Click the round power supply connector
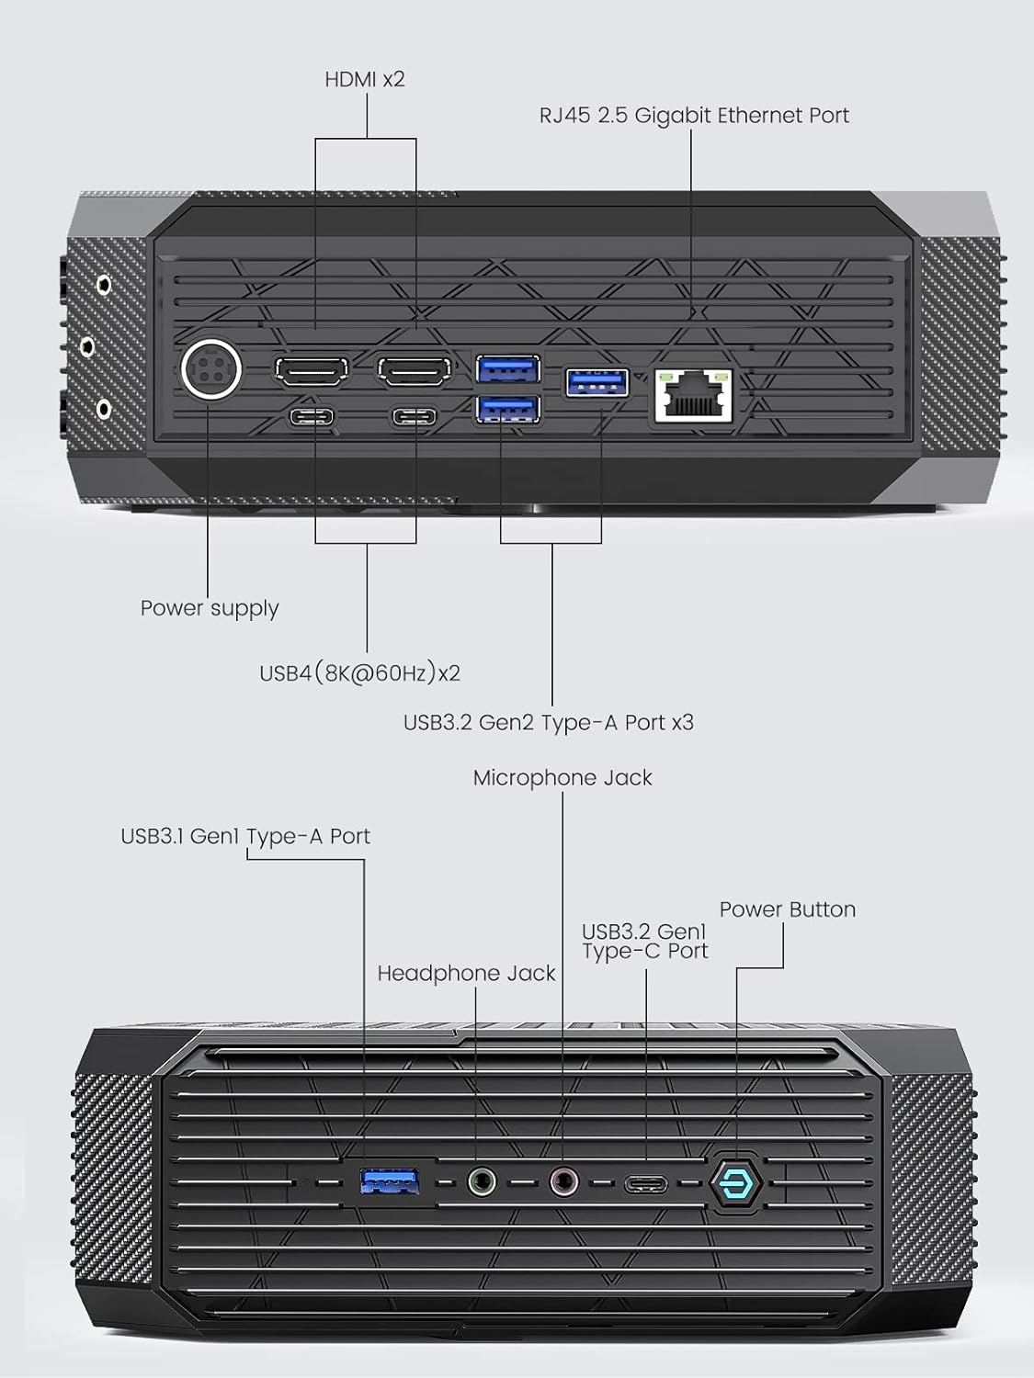click(x=211, y=370)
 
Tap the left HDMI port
click(x=312, y=370)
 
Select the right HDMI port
click(x=415, y=370)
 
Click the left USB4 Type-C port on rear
click(x=312, y=416)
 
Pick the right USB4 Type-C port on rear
click(x=415, y=416)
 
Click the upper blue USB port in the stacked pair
click(x=508, y=368)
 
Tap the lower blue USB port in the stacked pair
click(x=508, y=410)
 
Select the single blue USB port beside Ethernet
click(x=597, y=382)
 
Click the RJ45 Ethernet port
click(x=694, y=395)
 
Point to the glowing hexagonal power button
click(x=736, y=1183)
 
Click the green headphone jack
click(x=482, y=1182)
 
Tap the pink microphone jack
click(x=563, y=1182)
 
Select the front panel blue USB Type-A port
click(x=389, y=1182)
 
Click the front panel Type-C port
click(x=646, y=1184)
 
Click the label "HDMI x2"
click(x=365, y=79)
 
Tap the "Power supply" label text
click(x=210, y=608)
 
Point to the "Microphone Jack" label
click(x=562, y=778)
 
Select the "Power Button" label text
click(x=788, y=909)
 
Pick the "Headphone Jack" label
click(x=467, y=974)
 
